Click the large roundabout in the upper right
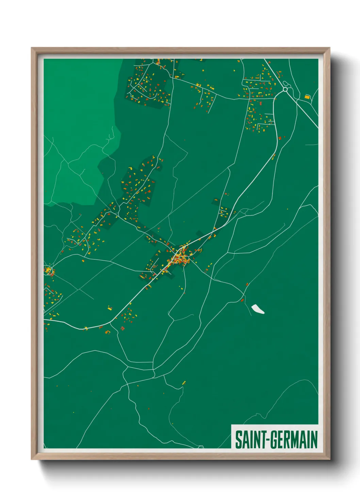285,90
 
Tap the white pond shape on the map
258,309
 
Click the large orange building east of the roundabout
307,97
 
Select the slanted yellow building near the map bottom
184,383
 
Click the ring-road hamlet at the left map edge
49,271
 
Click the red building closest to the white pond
242,300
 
